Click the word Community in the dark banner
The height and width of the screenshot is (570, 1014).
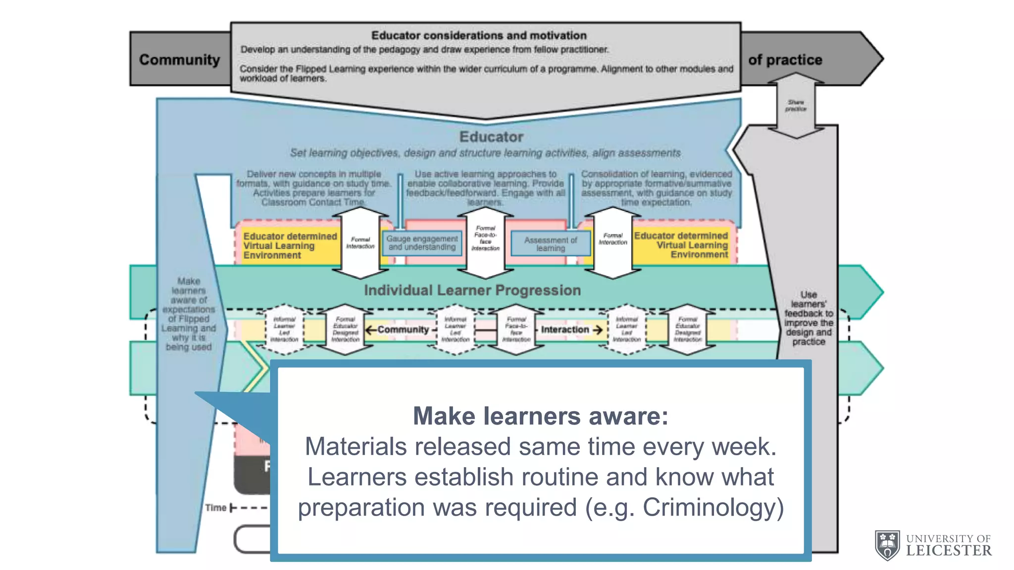click(x=179, y=59)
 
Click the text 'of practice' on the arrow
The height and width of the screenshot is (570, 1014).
click(x=785, y=60)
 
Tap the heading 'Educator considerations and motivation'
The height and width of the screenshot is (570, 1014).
click(x=479, y=36)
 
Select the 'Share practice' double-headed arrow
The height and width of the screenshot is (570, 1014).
click(x=796, y=105)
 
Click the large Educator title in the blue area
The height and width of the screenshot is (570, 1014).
click(x=491, y=137)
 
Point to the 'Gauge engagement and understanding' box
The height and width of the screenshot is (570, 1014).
click(x=422, y=243)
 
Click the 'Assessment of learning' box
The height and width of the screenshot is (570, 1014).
click(x=551, y=244)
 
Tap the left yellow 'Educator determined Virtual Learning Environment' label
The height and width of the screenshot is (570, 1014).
click(x=289, y=245)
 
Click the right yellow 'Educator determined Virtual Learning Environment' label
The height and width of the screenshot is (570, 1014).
click(x=681, y=245)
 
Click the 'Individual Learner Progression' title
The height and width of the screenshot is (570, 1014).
click(x=472, y=290)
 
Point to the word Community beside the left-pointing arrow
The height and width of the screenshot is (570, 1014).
click(x=403, y=330)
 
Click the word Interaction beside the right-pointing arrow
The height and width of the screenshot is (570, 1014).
click(x=564, y=330)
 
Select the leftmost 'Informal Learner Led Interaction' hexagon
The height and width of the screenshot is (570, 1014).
click(x=284, y=330)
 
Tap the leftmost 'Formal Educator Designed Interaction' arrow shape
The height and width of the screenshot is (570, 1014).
click(x=345, y=330)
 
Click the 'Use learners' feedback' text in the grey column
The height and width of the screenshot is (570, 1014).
click(x=809, y=318)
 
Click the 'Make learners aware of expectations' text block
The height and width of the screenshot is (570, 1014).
click(x=189, y=314)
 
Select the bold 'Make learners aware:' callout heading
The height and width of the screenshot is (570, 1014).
click(x=540, y=416)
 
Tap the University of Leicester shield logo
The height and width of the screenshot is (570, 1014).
click(x=887, y=545)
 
